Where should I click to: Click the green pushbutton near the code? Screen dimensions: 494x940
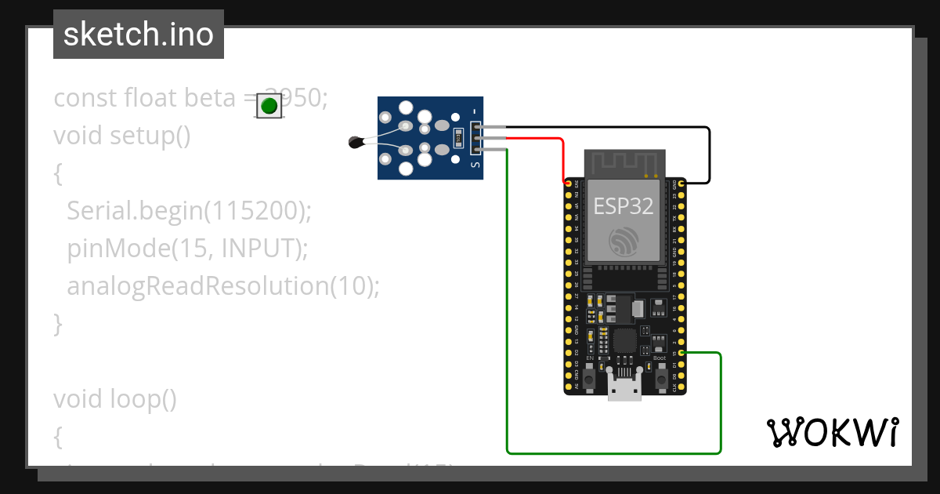pos(269,106)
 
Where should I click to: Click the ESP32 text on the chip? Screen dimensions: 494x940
pos(624,205)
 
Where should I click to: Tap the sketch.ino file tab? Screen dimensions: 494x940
pos(139,35)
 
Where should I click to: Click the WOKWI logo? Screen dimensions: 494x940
pos(832,432)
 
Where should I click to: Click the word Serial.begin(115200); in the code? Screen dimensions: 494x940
pos(189,210)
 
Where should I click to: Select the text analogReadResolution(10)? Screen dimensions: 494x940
pos(222,285)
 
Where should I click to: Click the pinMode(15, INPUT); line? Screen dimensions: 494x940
pos(187,248)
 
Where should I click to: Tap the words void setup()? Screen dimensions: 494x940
pos(122,135)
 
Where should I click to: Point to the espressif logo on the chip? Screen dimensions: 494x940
pos(624,241)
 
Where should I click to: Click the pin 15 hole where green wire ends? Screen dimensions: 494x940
pos(682,354)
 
